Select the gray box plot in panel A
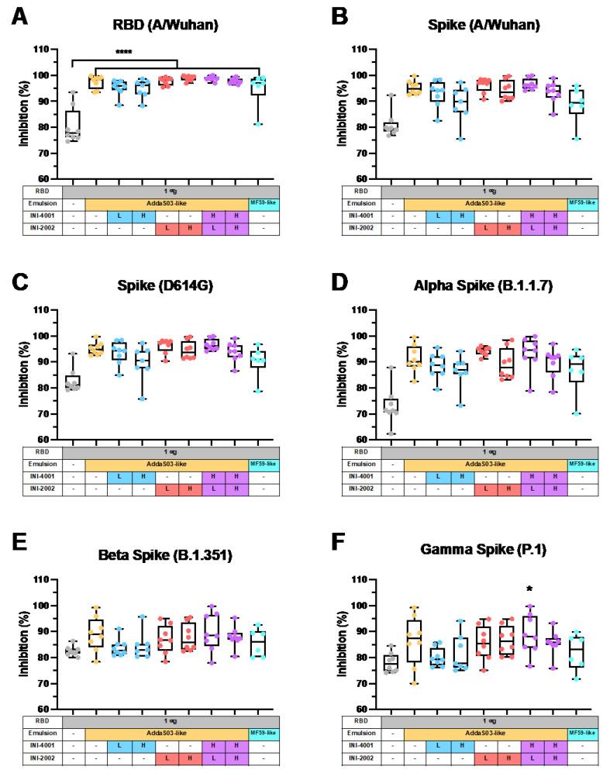coord(72,126)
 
